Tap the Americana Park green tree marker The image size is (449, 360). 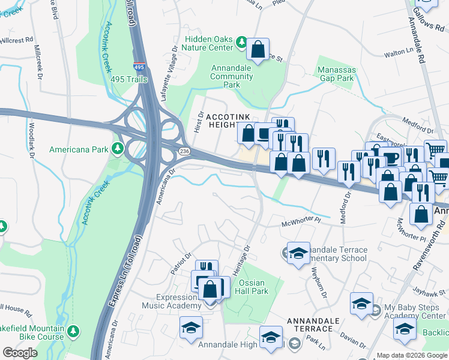(x=118, y=149)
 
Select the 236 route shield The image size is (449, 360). (x=184, y=152)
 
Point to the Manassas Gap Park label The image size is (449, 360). (x=337, y=74)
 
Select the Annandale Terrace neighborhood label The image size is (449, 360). (x=309, y=325)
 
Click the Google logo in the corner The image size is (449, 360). (x=20, y=353)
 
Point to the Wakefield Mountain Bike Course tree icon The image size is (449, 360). (x=73, y=331)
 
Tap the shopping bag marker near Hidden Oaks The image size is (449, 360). (x=258, y=50)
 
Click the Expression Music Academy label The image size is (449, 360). (x=178, y=302)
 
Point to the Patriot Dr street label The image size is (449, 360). (x=180, y=264)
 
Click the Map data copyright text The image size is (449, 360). (x=412, y=355)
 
